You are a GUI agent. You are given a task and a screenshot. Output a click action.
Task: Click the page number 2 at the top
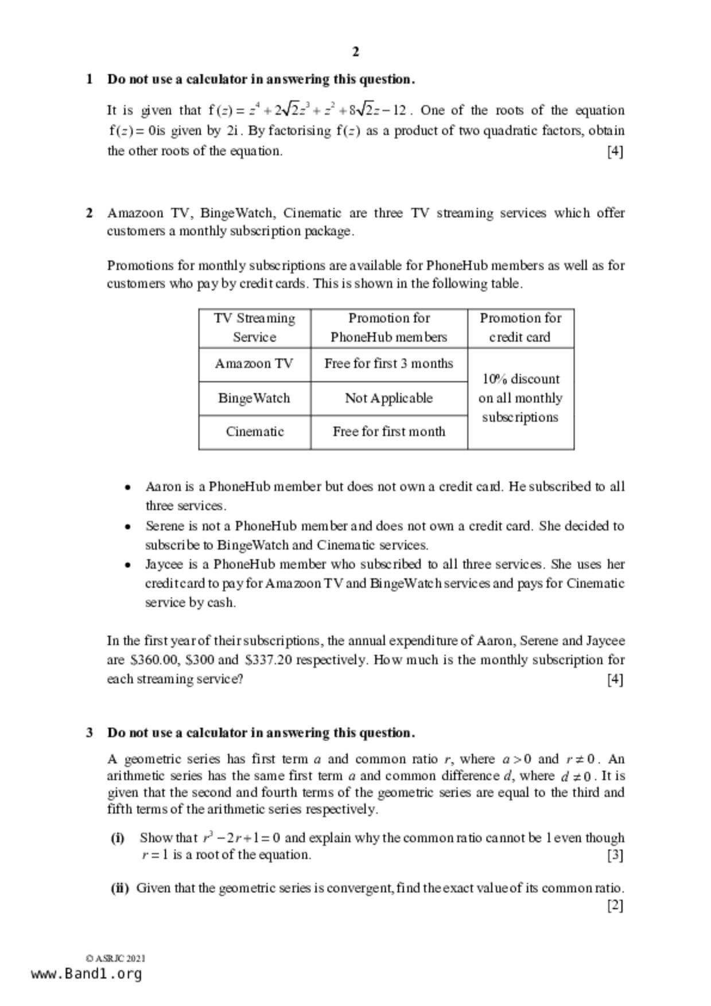point(356,52)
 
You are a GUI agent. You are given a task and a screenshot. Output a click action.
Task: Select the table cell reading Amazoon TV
point(254,364)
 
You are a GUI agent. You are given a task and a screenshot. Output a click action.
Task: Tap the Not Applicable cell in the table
point(388,398)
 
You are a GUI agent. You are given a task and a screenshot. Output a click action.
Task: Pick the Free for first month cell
point(388,431)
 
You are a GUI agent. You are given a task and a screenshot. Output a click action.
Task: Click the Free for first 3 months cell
point(388,364)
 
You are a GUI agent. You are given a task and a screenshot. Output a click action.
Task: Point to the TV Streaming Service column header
point(254,327)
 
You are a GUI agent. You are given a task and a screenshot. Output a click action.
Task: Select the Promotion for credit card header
point(520,327)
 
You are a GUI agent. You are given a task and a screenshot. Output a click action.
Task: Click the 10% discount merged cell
point(520,398)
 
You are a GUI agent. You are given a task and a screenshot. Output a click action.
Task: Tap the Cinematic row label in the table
point(254,431)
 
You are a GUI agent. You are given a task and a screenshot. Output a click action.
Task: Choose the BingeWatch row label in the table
point(254,398)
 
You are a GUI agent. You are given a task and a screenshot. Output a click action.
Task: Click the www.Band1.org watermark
point(86,973)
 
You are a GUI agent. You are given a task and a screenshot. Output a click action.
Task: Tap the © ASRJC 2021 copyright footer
point(115,958)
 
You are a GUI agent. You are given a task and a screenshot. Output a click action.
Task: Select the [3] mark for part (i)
point(615,855)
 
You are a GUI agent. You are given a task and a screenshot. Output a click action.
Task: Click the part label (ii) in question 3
point(119,888)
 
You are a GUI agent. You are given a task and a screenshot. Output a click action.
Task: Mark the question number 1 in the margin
point(90,79)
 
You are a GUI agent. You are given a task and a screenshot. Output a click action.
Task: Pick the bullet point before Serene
point(127,527)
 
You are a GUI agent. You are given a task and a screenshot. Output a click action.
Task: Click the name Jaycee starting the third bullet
point(164,564)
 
